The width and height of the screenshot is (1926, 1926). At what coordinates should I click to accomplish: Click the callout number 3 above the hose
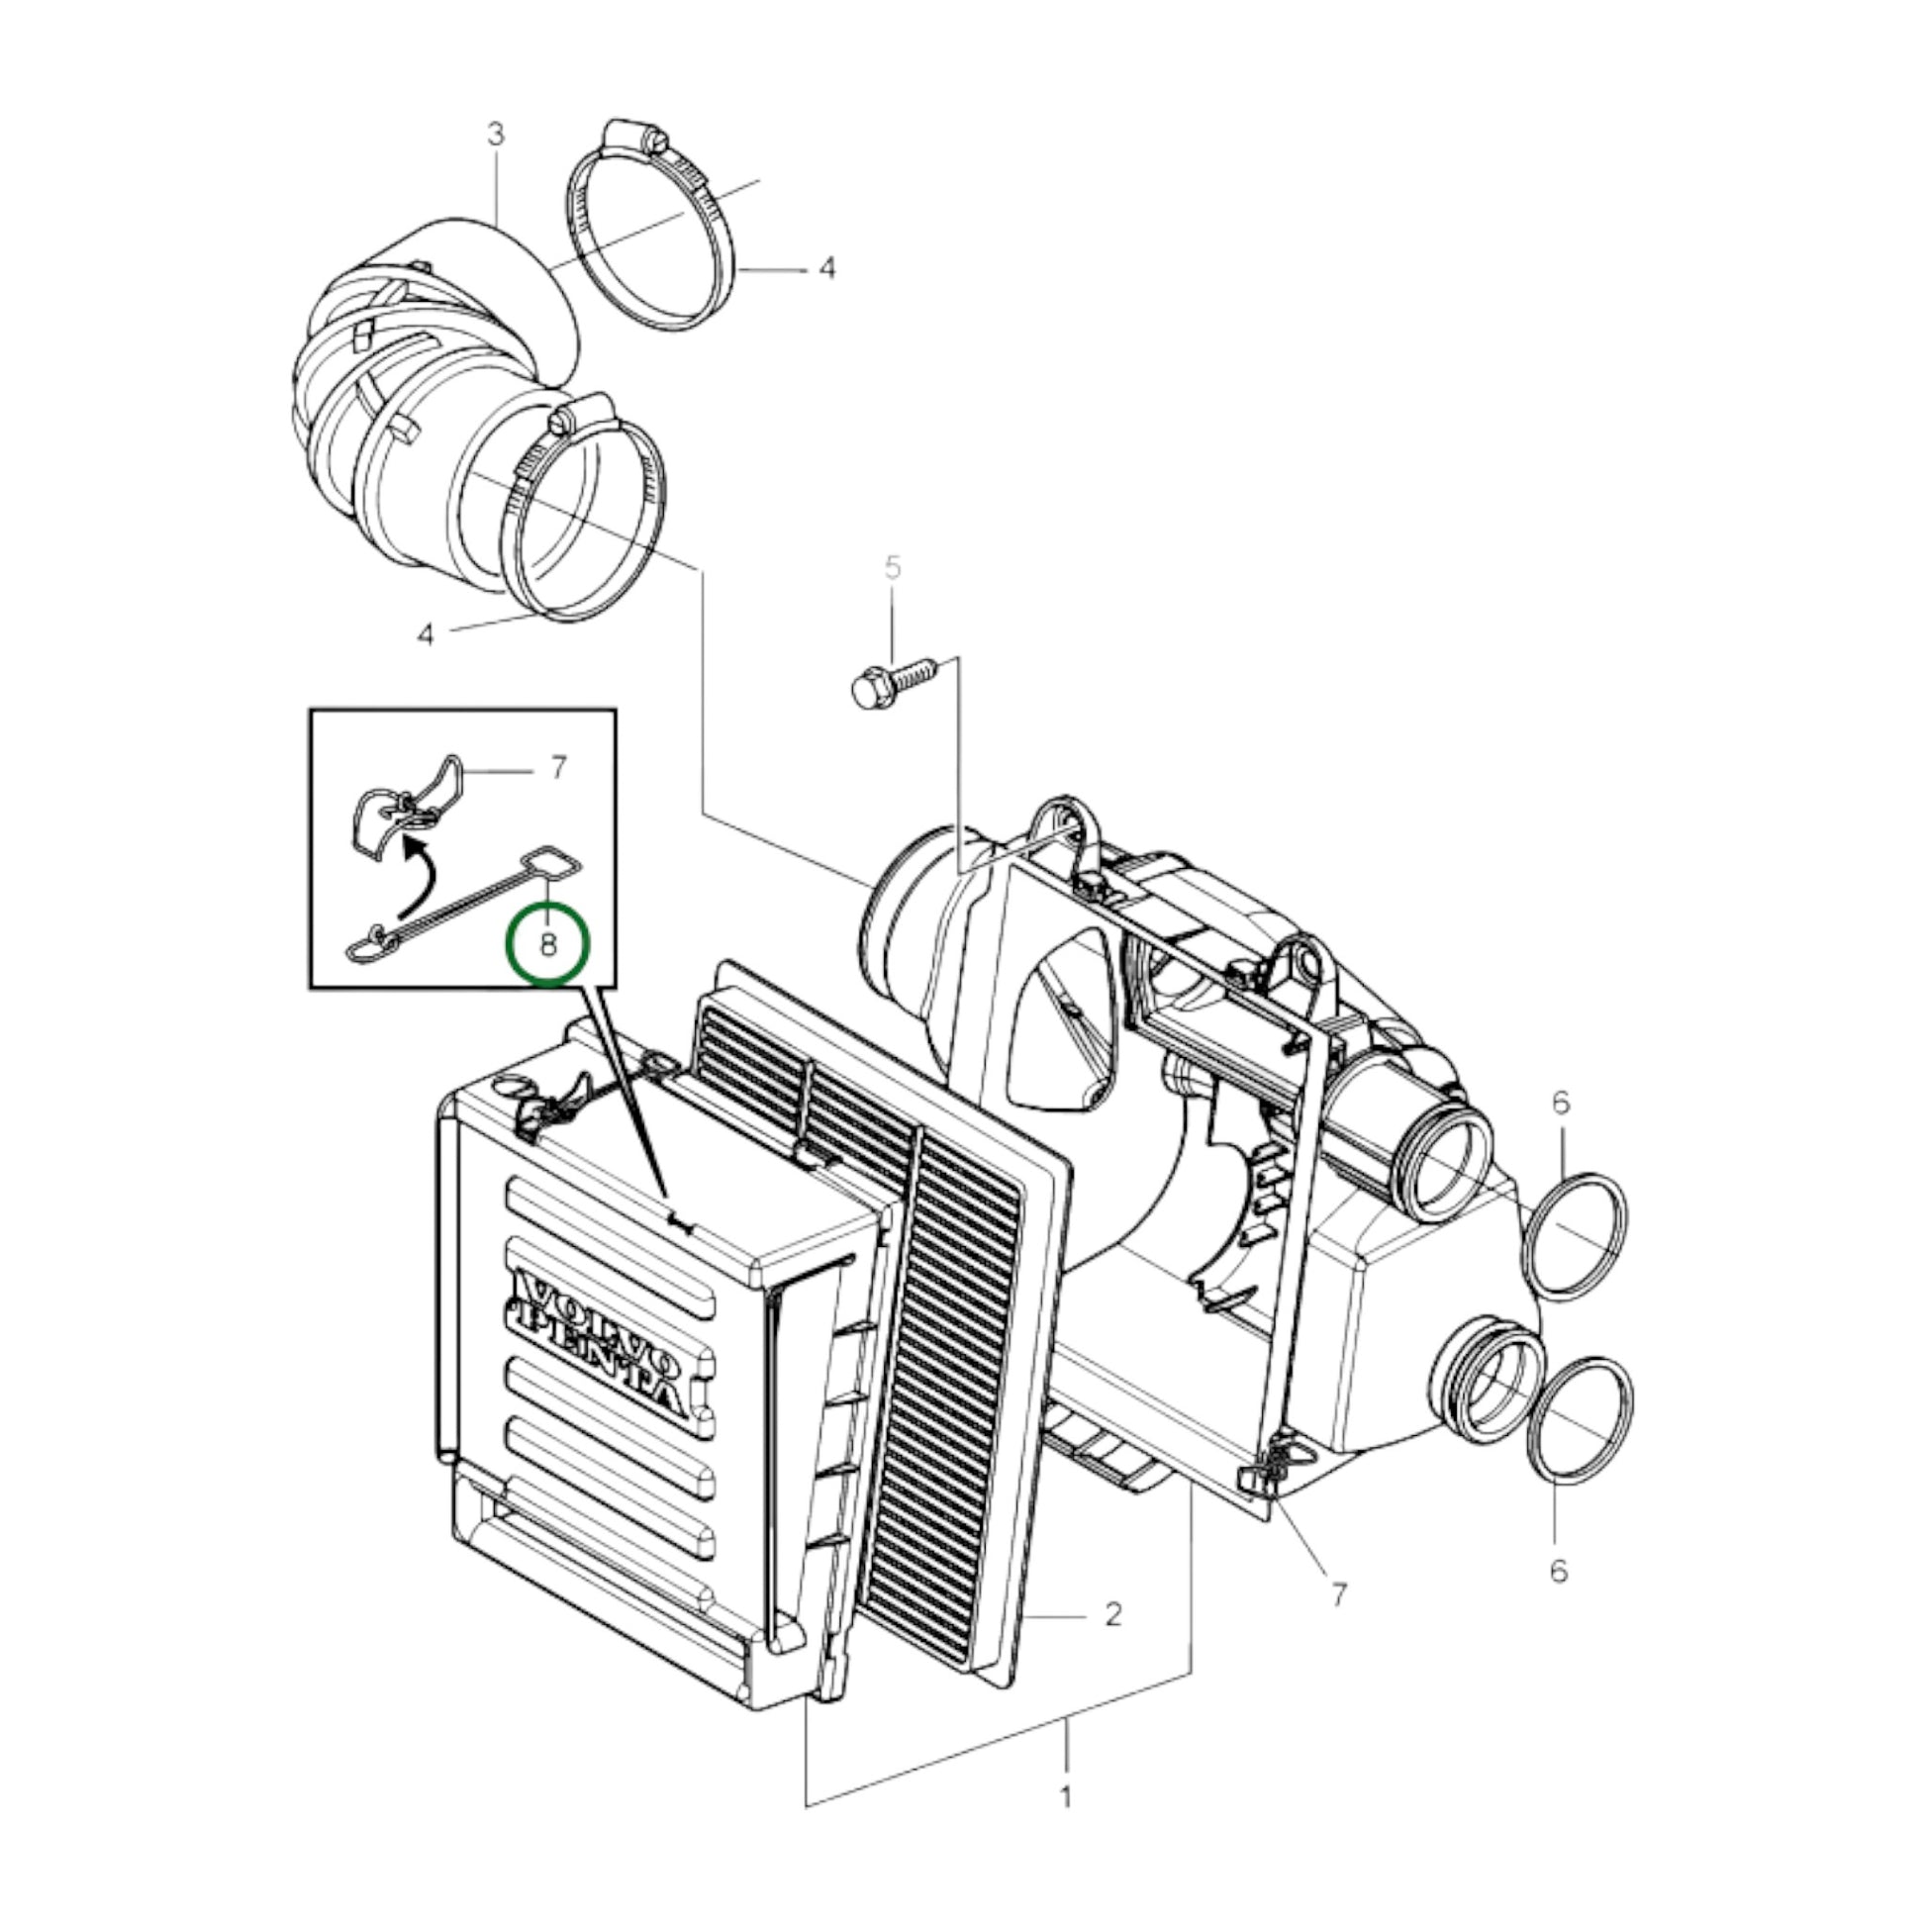(x=497, y=135)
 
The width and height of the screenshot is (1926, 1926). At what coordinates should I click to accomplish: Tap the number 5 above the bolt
(x=892, y=568)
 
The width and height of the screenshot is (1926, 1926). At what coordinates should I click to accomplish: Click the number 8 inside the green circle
(x=548, y=944)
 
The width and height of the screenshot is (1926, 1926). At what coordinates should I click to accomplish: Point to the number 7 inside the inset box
(x=558, y=767)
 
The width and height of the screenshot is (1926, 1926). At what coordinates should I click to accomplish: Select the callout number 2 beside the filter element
(x=1113, y=1613)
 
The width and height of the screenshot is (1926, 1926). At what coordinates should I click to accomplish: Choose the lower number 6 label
(x=1558, y=1571)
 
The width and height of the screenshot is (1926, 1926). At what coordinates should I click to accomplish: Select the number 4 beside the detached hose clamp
(x=826, y=268)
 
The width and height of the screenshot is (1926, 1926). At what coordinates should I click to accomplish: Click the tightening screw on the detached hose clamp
(x=638, y=138)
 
